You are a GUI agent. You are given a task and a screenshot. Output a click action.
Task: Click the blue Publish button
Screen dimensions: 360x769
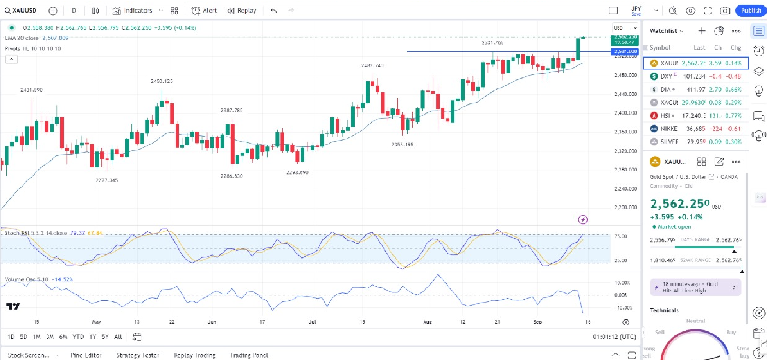coord(751,11)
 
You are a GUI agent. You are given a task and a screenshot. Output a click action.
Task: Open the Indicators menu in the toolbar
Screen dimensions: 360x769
coord(133,11)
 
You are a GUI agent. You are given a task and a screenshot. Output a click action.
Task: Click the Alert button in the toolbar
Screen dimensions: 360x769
coord(205,11)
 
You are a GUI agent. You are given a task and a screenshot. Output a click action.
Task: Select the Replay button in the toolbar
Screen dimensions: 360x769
coord(242,11)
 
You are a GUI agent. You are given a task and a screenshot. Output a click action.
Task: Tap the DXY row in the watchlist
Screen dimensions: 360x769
coord(696,76)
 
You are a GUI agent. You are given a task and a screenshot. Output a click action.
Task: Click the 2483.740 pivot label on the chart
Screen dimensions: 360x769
coord(372,65)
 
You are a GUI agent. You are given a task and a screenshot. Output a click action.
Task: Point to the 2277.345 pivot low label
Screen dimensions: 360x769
coord(107,180)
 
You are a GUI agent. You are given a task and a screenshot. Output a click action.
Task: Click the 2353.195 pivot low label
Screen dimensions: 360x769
coord(402,145)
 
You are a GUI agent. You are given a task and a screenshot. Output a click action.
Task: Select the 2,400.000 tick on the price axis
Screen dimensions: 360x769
coord(625,113)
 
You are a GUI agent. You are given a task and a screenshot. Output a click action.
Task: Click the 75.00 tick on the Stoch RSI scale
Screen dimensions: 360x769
coord(620,236)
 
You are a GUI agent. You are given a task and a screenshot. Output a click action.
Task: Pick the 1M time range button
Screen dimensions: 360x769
coord(37,337)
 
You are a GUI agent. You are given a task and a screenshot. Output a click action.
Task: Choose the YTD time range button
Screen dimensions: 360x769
coord(78,337)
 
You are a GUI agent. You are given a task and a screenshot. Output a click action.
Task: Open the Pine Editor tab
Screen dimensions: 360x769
coord(86,355)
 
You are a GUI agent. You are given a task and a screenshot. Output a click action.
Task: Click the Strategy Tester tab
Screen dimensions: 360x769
coord(138,355)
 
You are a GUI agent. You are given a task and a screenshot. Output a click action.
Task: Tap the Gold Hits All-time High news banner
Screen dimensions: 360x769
coord(695,287)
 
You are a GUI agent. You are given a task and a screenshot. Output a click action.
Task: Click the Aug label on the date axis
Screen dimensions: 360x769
coord(427,322)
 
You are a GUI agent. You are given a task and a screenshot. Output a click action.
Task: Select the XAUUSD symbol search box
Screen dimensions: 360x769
coord(21,11)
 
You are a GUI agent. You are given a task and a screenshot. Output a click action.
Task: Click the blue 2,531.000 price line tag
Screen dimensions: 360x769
coord(625,52)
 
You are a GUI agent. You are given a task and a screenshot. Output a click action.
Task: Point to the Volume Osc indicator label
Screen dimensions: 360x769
coord(26,279)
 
